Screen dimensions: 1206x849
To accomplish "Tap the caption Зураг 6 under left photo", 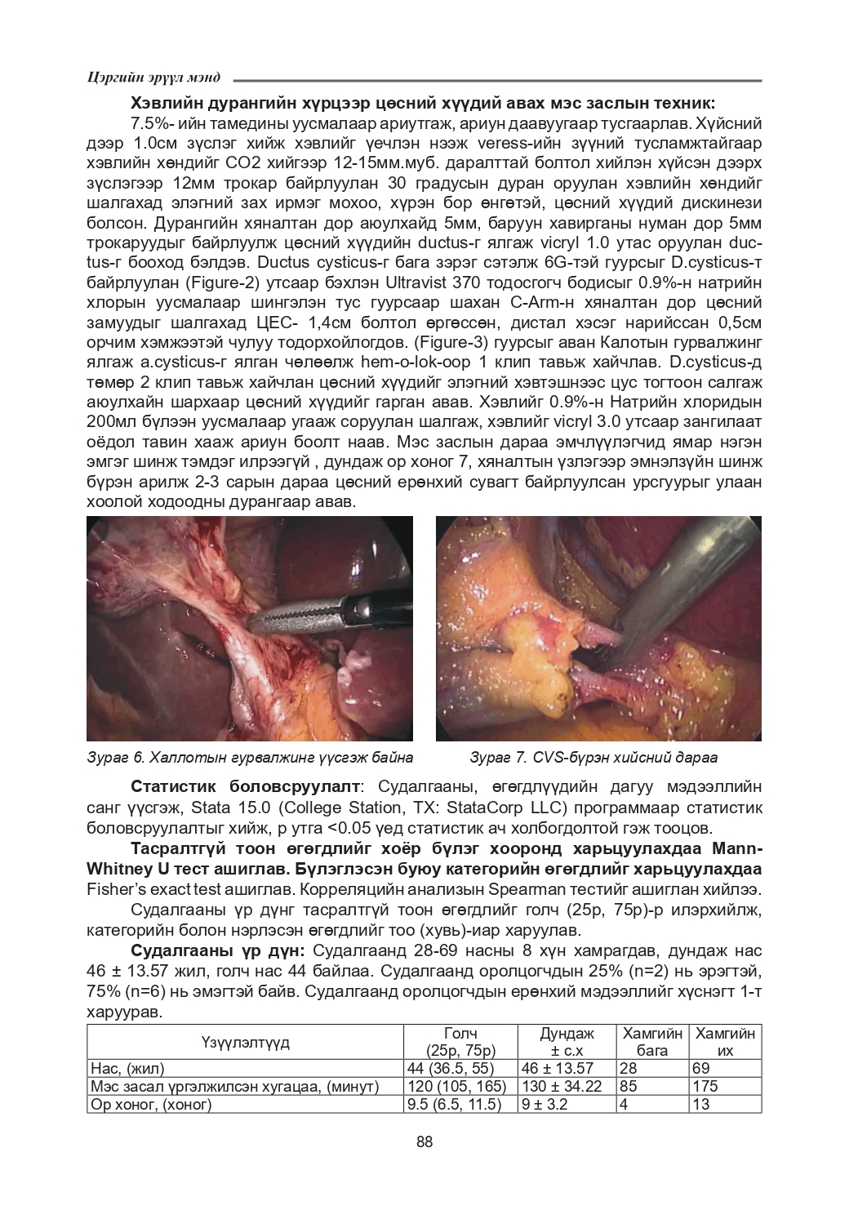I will click(x=249, y=758).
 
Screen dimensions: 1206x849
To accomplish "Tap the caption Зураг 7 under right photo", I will click(x=593, y=758).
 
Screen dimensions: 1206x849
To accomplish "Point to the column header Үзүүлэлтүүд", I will click(x=245, y=1043).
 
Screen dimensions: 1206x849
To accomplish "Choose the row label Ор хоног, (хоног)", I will click(x=151, y=1105).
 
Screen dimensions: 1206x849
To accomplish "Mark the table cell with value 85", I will click(x=629, y=1086).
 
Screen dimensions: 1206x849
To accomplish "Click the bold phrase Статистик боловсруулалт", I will click(x=245, y=786).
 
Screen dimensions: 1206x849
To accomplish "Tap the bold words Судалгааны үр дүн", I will click(x=218, y=951).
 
